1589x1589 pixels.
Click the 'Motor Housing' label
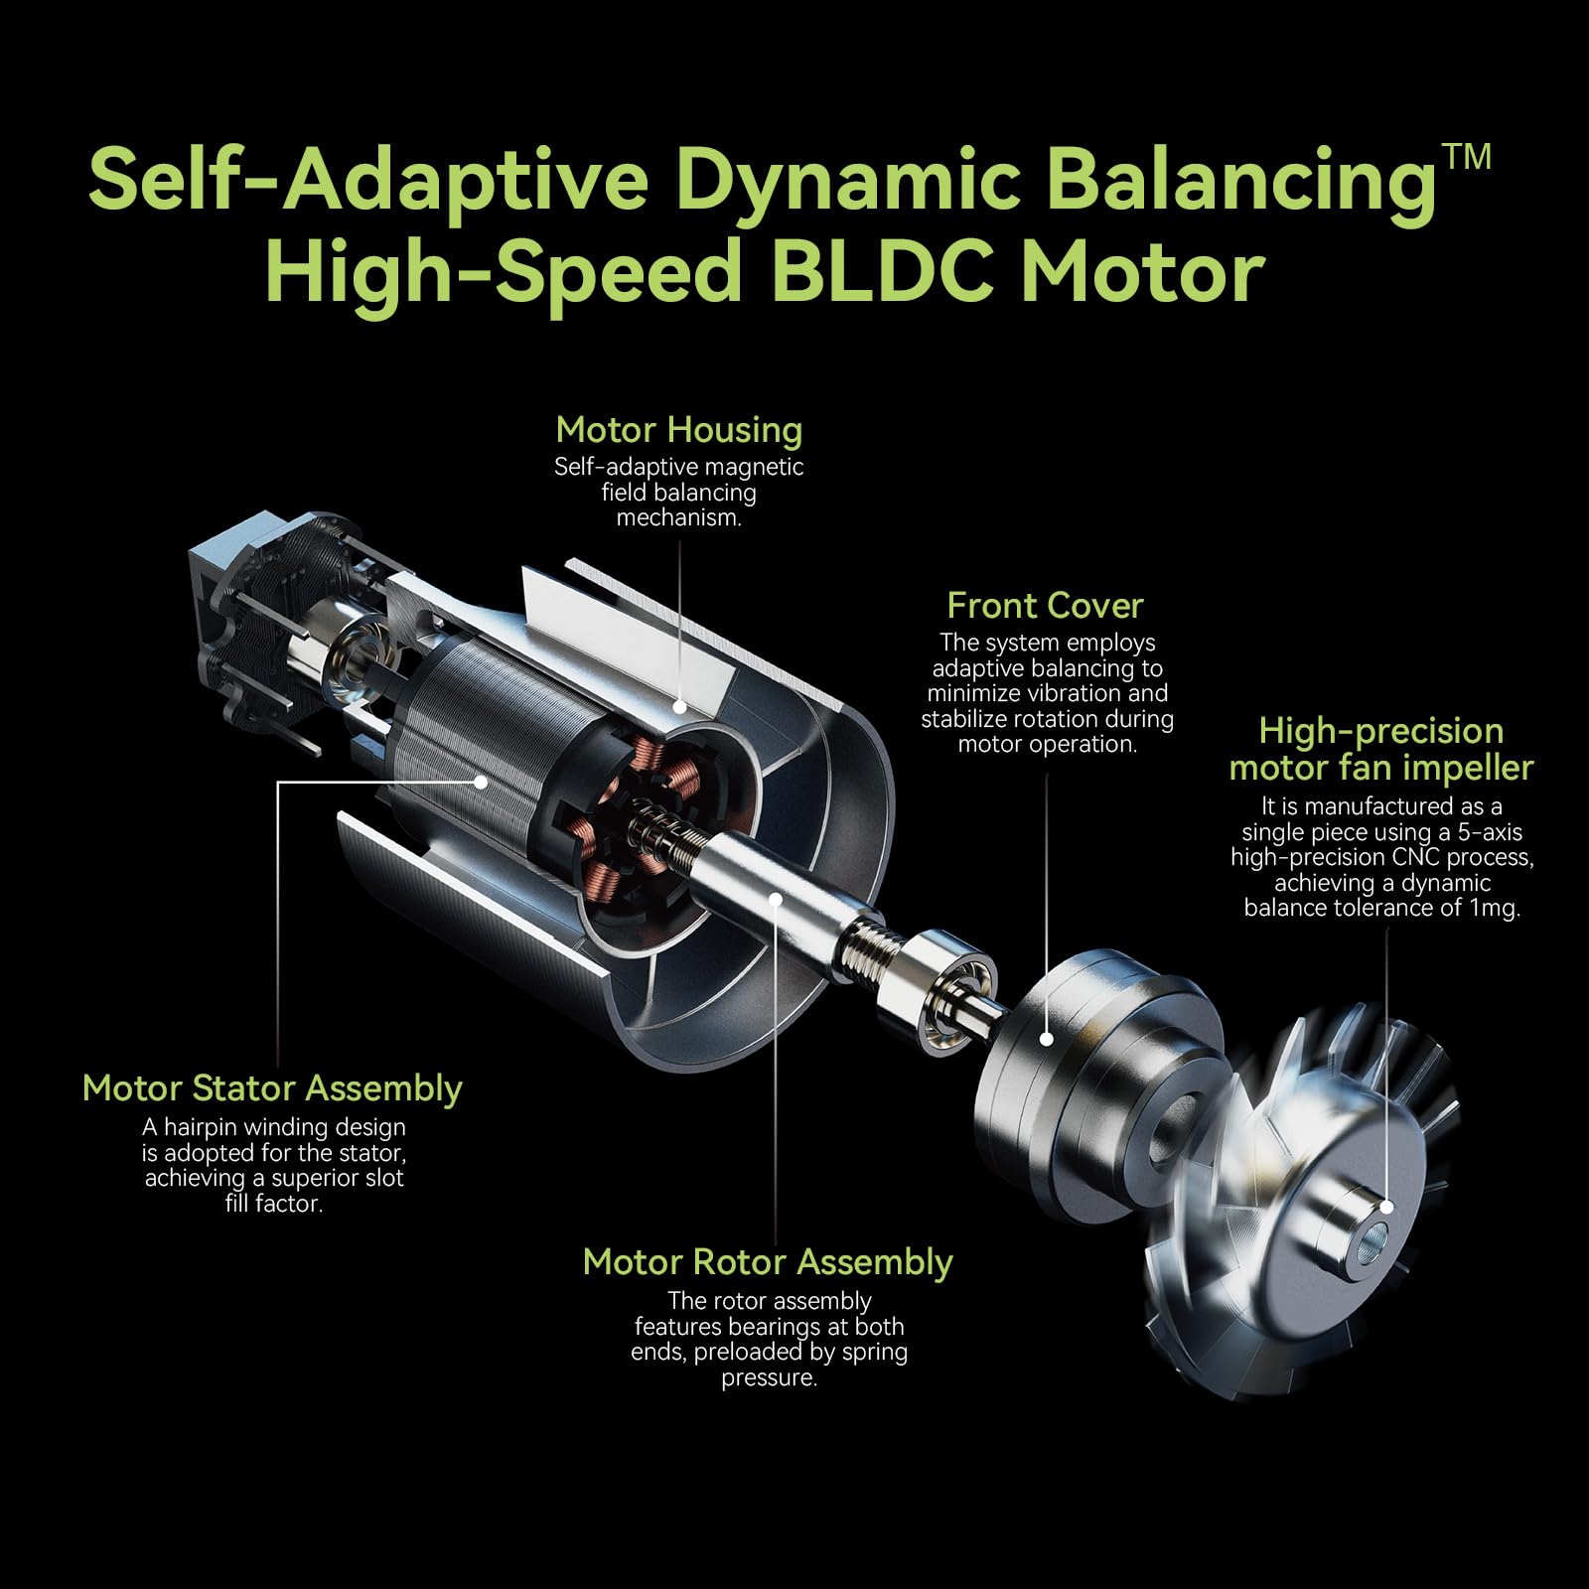678,430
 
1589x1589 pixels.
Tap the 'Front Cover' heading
1045,606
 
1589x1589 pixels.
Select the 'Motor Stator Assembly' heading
272,1088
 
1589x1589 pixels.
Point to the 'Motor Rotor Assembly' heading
768,1262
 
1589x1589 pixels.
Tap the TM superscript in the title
1467,157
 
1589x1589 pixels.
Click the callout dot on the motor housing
679,707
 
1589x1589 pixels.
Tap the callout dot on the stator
482,782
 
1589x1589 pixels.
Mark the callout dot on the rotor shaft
776,897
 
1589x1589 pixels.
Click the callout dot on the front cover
1046,1039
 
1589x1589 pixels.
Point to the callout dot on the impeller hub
1387,1206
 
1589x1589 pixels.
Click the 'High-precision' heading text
1380,731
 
